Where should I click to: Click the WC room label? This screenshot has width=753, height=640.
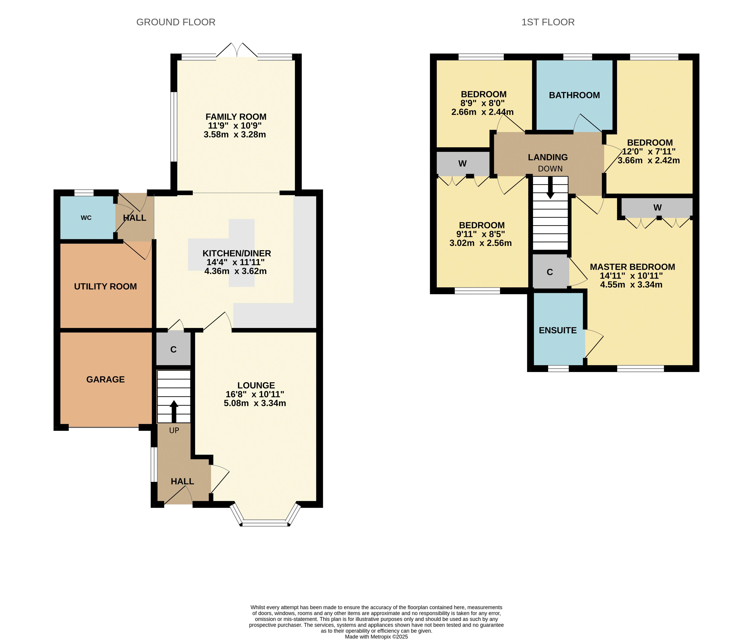click(x=86, y=218)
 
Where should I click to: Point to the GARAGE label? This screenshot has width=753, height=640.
click(x=106, y=379)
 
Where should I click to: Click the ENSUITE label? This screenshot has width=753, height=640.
click(x=558, y=331)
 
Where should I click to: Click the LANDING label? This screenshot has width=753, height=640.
click(x=548, y=158)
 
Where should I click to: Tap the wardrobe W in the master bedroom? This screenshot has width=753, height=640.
click(x=657, y=208)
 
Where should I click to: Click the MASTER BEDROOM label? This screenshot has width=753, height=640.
click(x=633, y=267)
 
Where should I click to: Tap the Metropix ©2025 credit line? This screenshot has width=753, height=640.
click(x=376, y=636)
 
